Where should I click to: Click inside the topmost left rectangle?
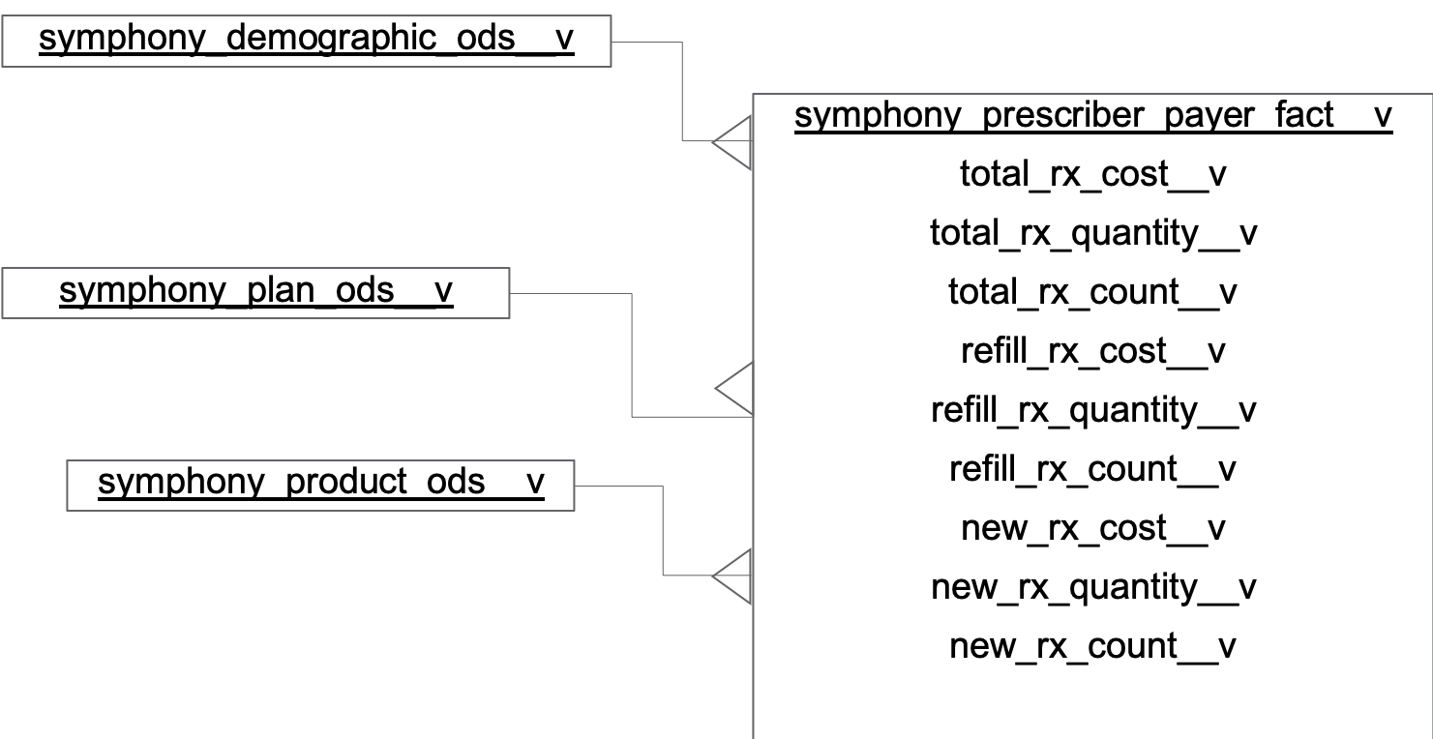point(306,41)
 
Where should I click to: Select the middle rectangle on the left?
point(255,293)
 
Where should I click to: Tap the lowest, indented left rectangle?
point(320,486)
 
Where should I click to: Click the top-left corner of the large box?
point(754,95)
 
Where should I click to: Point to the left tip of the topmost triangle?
point(712,142)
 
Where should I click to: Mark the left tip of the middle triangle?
point(715,389)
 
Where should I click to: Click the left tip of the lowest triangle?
point(712,576)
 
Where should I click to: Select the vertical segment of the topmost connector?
point(682,92)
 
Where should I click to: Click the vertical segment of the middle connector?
point(632,355)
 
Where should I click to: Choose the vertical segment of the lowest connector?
point(663,531)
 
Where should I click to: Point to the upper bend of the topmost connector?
point(682,42)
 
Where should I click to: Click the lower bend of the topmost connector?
point(682,141)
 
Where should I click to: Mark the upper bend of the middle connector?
point(632,294)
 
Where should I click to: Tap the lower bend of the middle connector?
point(632,417)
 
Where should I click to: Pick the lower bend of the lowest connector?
point(663,576)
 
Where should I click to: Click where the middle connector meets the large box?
point(753,417)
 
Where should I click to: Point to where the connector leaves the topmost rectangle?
point(612,42)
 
